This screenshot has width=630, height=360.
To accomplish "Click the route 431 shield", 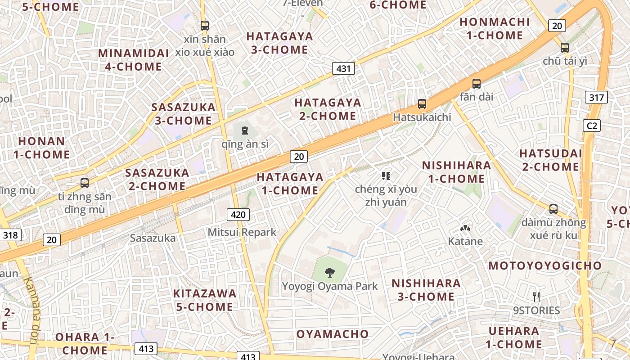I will pos(343,68).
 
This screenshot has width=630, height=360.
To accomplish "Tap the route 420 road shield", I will pos(238,215).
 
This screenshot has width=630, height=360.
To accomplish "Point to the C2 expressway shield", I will pos(591,126).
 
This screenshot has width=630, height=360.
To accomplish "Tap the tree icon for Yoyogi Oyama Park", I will pos(330,272).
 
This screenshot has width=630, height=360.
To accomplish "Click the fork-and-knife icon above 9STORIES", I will pos(536,297).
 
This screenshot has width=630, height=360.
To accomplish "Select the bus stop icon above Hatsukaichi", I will pos(422,104).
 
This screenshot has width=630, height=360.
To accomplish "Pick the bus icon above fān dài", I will pos(476,83).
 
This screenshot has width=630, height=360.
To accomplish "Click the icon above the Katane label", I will pos(465,228).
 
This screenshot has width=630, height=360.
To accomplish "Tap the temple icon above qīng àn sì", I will pos(244,131).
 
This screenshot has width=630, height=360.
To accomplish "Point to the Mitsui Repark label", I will pos(242,232).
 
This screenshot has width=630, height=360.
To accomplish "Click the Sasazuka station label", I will pos(153,238).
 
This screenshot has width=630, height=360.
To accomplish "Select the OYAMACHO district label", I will pos(332,334).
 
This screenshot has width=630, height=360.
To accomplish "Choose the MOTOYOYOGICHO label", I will pos(545,265).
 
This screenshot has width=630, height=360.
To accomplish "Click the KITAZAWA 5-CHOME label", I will pos(205,300).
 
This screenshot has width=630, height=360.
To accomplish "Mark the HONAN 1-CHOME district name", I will pos(41,148).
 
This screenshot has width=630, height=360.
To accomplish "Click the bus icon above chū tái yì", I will pos(564,47).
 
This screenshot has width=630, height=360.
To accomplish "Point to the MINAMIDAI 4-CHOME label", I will pos(133,60).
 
